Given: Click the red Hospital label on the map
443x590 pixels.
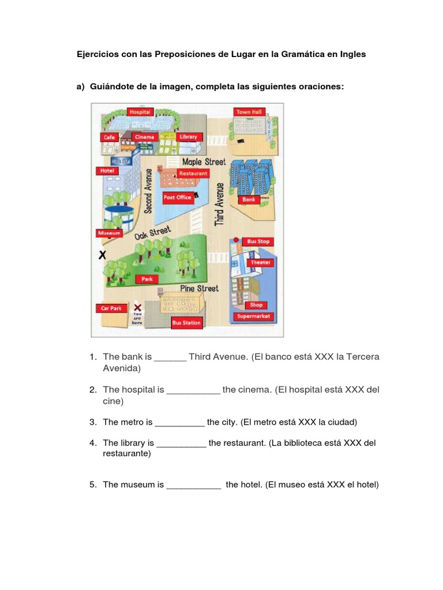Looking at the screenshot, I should click(x=140, y=112).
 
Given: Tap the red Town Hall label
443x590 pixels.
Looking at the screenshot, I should click(x=249, y=112).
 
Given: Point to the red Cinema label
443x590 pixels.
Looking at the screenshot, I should click(x=144, y=137).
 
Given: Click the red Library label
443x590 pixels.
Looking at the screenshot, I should click(x=188, y=137).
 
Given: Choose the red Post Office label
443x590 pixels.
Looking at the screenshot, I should click(x=177, y=197).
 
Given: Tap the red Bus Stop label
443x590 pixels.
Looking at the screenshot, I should click(x=258, y=241).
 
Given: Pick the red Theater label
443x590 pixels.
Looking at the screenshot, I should click(x=260, y=262).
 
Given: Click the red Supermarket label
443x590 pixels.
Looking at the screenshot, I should click(x=253, y=316).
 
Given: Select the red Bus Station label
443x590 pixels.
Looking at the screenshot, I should click(x=186, y=323).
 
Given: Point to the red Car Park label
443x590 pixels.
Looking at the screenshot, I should click(x=111, y=308).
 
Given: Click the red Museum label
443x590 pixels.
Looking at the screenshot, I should click(x=109, y=233).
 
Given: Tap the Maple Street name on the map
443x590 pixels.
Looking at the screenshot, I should click(x=204, y=162).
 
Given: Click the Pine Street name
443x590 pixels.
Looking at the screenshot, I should click(x=199, y=288).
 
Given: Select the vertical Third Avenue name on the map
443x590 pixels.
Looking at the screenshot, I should click(x=219, y=204).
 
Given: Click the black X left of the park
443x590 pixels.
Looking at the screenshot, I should click(x=103, y=255).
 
